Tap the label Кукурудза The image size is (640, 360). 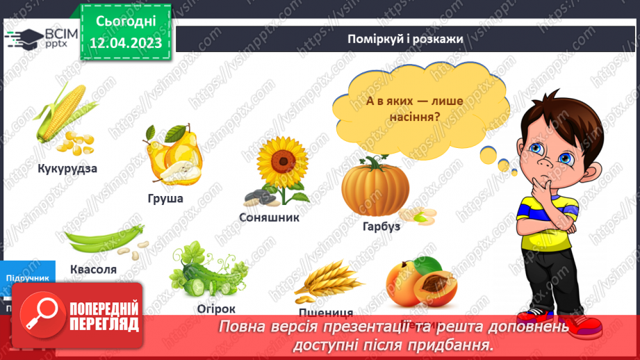click(67, 168)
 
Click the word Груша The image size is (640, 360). click(165, 199)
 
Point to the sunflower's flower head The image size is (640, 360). click(282, 161)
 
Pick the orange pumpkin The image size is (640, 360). click(375, 188)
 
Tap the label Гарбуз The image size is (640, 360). click(381, 226)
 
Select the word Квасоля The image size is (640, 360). click(93, 269)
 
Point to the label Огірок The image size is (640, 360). click(215, 309)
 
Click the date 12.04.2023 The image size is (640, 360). click(126, 43)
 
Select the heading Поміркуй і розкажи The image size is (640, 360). click(405, 38)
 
